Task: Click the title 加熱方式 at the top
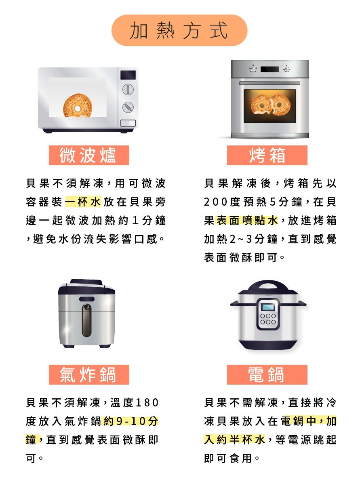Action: (179, 31)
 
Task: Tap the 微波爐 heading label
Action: (89, 156)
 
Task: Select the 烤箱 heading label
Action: (267, 156)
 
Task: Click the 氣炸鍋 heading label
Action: (89, 375)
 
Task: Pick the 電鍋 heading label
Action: (267, 375)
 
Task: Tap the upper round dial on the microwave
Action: (128, 89)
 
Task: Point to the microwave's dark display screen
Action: (128, 75)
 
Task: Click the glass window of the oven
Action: (269, 106)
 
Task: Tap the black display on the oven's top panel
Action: (269, 69)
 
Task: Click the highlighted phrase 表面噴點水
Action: (247, 221)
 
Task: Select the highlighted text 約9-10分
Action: (131, 421)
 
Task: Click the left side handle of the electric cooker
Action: (235, 303)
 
